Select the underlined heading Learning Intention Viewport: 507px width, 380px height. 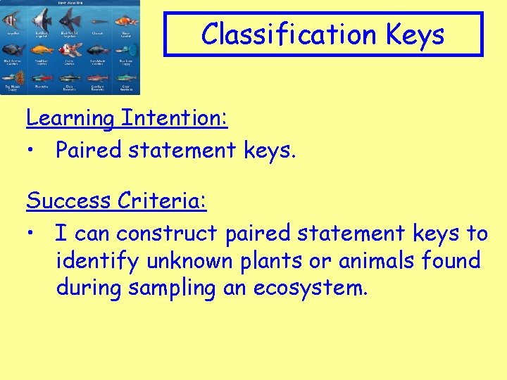pyautogui.click(x=127, y=118)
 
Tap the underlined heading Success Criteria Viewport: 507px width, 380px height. pyautogui.click(x=116, y=201)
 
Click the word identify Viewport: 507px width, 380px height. pyautogui.click(x=99, y=261)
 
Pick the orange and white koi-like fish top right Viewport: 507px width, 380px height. pyautogui.click(x=125, y=20)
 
